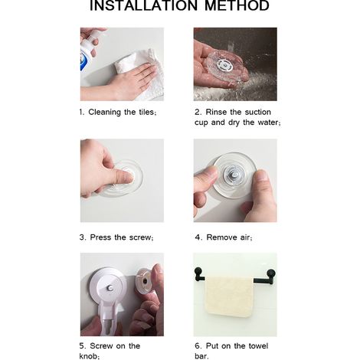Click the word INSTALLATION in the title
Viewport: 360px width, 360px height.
click(x=144, y=5)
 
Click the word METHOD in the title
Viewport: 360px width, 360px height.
click(x=237, y=5)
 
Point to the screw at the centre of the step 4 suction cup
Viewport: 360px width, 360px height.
click(x=234, y=175)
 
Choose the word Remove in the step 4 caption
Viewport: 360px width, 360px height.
click(x=221, y=237)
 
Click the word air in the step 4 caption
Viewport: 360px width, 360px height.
click(x=244, y=237)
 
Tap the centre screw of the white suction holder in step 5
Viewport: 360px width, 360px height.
click(x=110, y=288)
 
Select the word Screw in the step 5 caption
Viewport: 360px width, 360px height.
click(x=102, y=346)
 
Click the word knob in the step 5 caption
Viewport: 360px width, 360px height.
click(x=88, y=356)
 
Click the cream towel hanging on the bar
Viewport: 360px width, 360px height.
click(x=229, y=296)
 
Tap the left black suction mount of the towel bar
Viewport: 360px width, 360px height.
click(x=198, y=273)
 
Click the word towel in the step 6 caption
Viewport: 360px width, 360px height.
click(x=258, y=346)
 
